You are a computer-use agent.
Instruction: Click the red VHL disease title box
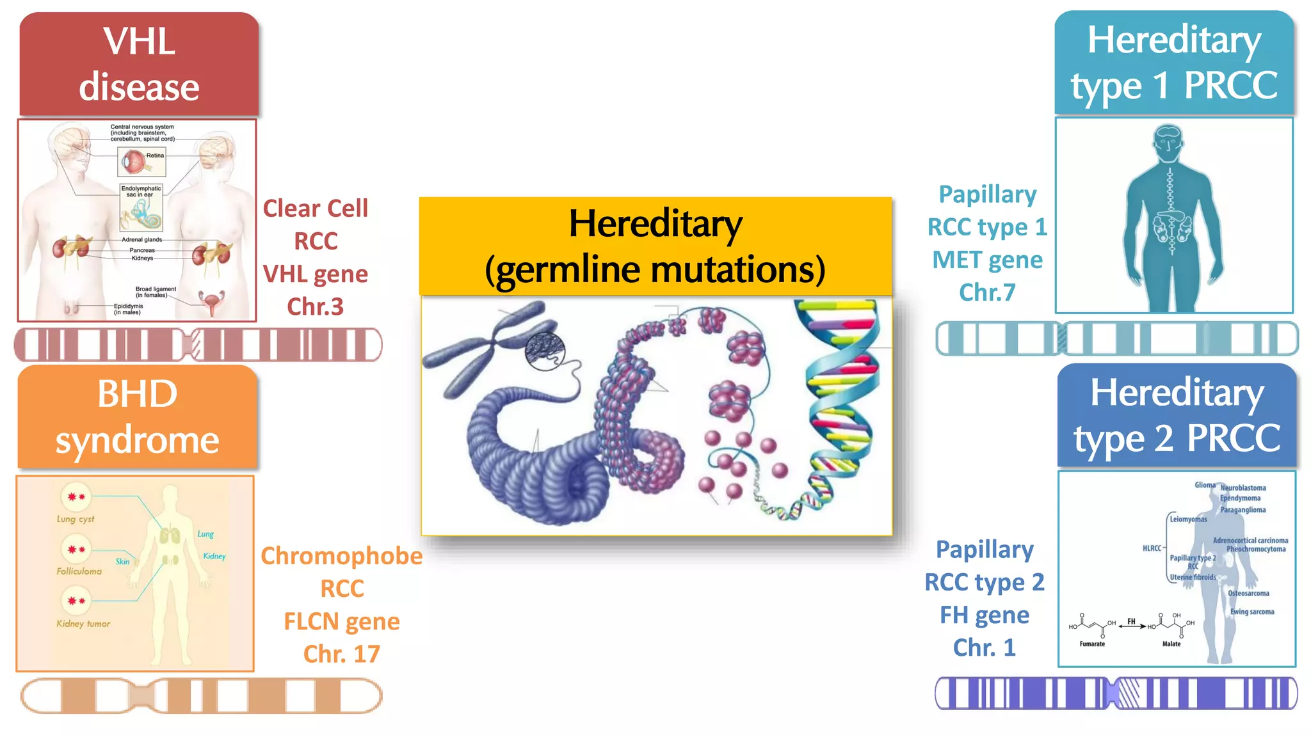coord(139,64)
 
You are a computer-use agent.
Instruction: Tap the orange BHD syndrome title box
coord(138,416)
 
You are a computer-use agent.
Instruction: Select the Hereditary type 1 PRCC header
coord(1175,62)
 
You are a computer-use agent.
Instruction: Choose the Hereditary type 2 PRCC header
coord(1177,415)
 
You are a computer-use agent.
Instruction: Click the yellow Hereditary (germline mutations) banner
coord(655,246)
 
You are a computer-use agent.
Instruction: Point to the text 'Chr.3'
coord(315,306)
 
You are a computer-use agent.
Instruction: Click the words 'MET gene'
coord(987,260)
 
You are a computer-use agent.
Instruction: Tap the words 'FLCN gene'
coord(342,621)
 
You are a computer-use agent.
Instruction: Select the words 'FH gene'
coord(985,615)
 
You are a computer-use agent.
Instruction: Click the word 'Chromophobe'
coord(342,556)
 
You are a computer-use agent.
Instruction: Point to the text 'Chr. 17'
coord(342,654)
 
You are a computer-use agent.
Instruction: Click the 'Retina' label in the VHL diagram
coord(155,155)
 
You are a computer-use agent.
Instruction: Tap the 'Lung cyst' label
coord(76,519)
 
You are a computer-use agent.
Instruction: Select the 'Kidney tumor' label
coord(83,624)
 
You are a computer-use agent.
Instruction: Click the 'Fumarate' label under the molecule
coord(1092,644)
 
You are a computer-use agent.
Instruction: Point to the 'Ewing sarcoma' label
coord(1252,612)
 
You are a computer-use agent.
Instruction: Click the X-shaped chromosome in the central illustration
coord(487,355)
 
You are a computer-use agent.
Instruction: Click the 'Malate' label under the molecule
coord(1171,644)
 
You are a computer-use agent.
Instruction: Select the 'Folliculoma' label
coord(79,571)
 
